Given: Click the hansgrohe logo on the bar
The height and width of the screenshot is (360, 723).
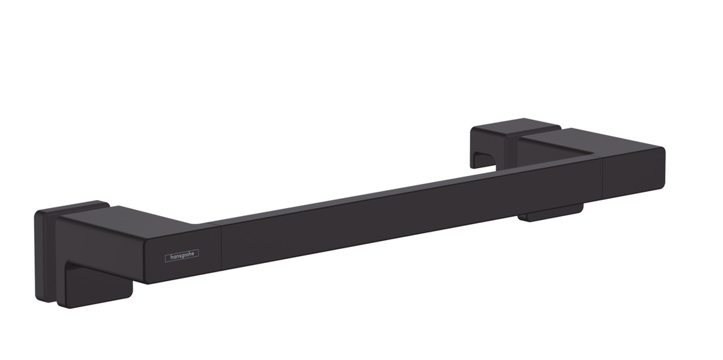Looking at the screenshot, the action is [181, 256].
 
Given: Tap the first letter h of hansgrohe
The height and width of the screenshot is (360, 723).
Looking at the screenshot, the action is [172, 256].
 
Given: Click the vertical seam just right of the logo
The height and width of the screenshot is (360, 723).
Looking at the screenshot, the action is [221, 247].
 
